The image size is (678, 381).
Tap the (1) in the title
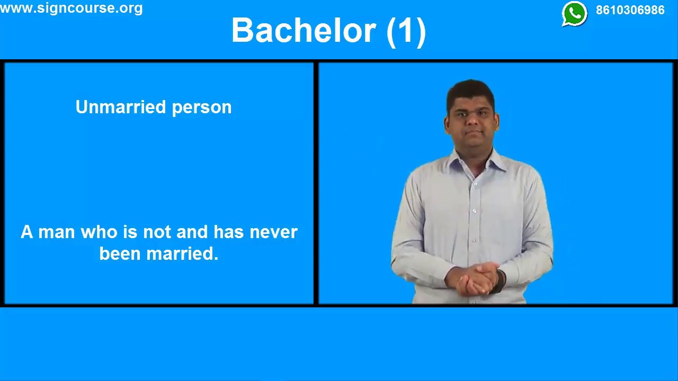click(x=406, y=31)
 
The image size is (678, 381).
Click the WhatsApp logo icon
click(x=574, y=14)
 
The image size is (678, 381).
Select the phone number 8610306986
click(x=630, y=11)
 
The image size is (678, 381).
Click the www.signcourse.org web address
click(x=72, y=8)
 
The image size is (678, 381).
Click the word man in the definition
click(x=57, y=233)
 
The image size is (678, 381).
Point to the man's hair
click(x=470, y=90)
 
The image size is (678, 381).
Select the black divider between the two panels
click(x=316, y=183)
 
